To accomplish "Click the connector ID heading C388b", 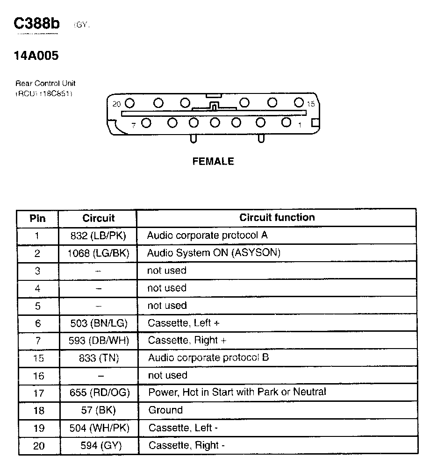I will [37, 24].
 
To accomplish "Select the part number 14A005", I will [36, 56].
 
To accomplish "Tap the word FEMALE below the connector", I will [213, 161].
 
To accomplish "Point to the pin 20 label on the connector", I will [116, 104].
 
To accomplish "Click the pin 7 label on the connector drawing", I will [133, 125].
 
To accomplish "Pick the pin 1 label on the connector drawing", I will [300, 125].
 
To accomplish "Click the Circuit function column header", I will [277, 217].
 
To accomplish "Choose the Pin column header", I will [37, 218].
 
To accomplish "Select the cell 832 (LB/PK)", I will [98, 235].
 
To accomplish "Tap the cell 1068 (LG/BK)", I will [98, 253].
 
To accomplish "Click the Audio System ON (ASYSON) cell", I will [214, 253].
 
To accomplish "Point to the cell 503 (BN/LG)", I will [98, 323].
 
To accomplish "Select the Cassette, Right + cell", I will [187, 340].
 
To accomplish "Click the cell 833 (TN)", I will [98, 358].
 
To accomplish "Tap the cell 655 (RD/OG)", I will [98, 392].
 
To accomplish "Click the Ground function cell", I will [165, 410].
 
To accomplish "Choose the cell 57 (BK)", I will [98, 410].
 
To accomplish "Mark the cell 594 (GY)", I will [98, 446].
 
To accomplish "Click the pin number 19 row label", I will [38, 428].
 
